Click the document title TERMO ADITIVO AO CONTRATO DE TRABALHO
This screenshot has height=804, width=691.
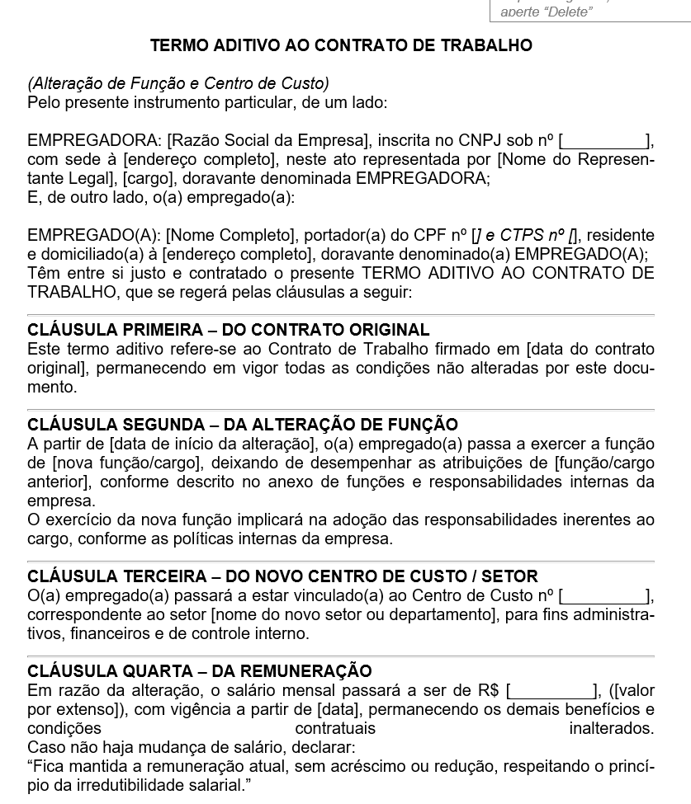[x=341, y=45]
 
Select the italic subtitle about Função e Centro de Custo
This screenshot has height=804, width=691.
[x=178, y=83]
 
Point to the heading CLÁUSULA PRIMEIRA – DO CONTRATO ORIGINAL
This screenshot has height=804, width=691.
[x=229, y=330]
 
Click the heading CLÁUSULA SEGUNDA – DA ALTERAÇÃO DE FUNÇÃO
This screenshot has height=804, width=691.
[x=243, y=425]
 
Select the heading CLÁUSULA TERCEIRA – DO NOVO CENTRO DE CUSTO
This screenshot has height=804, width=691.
[x=282, y=576]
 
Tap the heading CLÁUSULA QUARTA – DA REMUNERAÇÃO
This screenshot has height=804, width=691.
[x=200, y=671]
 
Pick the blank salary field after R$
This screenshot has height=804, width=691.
[x=551, y=690]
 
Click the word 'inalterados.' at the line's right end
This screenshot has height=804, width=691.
[x=611, y=728]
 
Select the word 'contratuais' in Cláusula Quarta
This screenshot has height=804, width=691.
[x=335, y=728]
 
